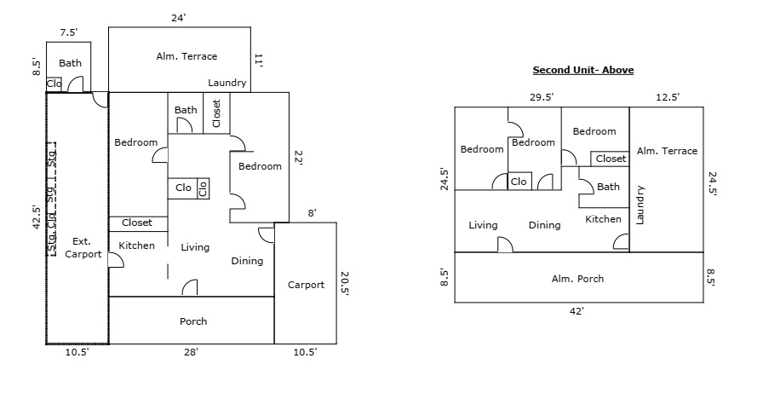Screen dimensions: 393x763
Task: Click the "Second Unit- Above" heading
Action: click(x=582, y=71)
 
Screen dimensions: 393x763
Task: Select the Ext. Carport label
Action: click(x=82, y=247)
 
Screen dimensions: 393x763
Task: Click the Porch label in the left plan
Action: click(x=193, y=321)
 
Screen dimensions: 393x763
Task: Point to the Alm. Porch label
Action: click(x=578, y=279)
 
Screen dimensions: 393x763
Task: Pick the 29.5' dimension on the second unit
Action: click(x=541, y=97)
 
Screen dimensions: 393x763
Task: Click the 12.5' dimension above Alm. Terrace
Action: click(x=667, y=97)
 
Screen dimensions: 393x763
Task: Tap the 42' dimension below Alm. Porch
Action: click(x=577, y=311)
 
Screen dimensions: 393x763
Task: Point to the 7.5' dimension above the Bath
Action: click(x=69, y=32)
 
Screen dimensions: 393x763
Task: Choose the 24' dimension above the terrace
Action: click(x=179, y=16)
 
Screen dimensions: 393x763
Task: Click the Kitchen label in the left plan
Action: click(x=136, y=246)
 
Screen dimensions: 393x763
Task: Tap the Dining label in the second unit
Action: click(x=544, y=225)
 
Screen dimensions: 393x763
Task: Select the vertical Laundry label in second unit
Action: click(x=640, y=205)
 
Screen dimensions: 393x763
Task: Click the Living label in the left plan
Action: click(x=195, y=247)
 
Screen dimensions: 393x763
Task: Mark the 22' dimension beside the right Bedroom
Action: click(x=297, y=158)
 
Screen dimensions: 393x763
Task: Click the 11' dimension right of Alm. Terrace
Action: click(x=259, y=59)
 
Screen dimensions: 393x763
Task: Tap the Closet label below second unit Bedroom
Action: click(x=611, y=159)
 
